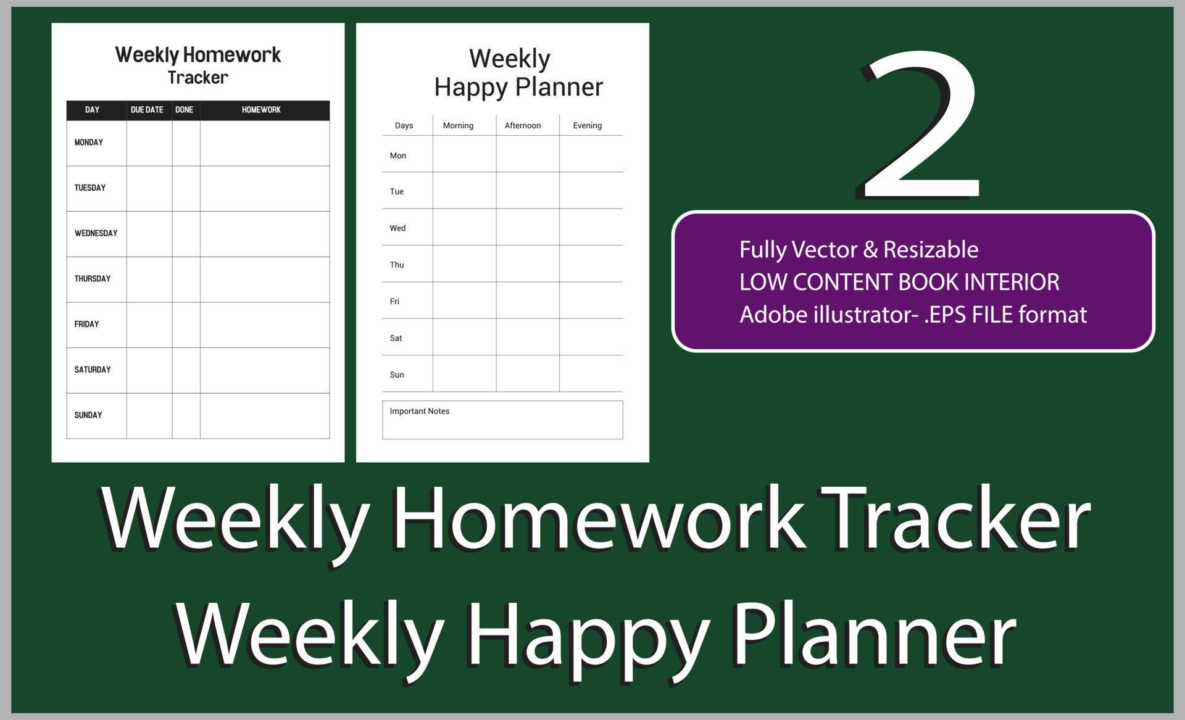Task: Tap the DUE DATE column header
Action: (147, 110)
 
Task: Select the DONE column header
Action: (184, 110)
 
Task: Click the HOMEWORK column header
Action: (261, 110)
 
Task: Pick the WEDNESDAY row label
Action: (96, 233)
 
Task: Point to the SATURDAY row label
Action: (93, 370)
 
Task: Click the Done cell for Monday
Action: (186, 143)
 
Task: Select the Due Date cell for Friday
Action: (149, 325)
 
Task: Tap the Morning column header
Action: (458, 125)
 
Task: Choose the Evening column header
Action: (587, 125)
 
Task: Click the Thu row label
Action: (397, 265)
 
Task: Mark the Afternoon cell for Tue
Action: (528, 191)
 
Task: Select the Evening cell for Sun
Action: (591, 374)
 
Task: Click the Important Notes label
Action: (420, 412)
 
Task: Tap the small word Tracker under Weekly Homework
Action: (198, 78)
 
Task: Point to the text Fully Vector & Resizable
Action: (859, 249)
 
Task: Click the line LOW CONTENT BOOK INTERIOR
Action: (899, 282)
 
